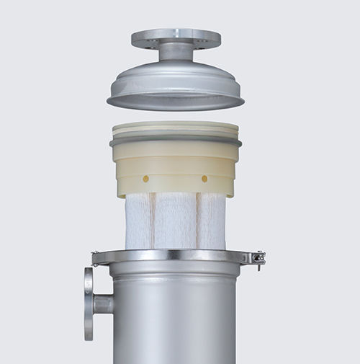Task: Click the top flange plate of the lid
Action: coord(176,36)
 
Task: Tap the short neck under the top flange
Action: coord(176,52)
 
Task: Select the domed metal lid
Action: coord(176,79)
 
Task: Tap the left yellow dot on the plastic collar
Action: coord(146,178)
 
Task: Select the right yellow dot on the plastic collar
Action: coord(204,178)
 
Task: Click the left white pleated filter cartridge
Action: coord(138,220)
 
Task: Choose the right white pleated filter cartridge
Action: coord(212,220)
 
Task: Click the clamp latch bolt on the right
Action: coord(258,258)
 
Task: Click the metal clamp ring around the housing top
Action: coord(176,257)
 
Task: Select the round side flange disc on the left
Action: coord(89,303)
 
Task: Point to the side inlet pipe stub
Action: coord(103,304)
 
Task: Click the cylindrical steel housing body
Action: coord(176,317)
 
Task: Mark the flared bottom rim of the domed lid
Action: coord(176,101)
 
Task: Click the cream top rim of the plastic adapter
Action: coord(176,128)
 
